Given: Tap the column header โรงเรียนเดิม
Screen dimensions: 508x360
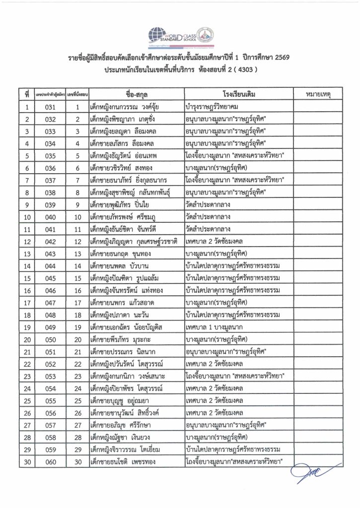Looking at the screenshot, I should pyautogui.click(x=236, y=94).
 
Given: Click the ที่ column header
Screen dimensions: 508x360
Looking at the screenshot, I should pyautogui.click(x=26, y=94).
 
